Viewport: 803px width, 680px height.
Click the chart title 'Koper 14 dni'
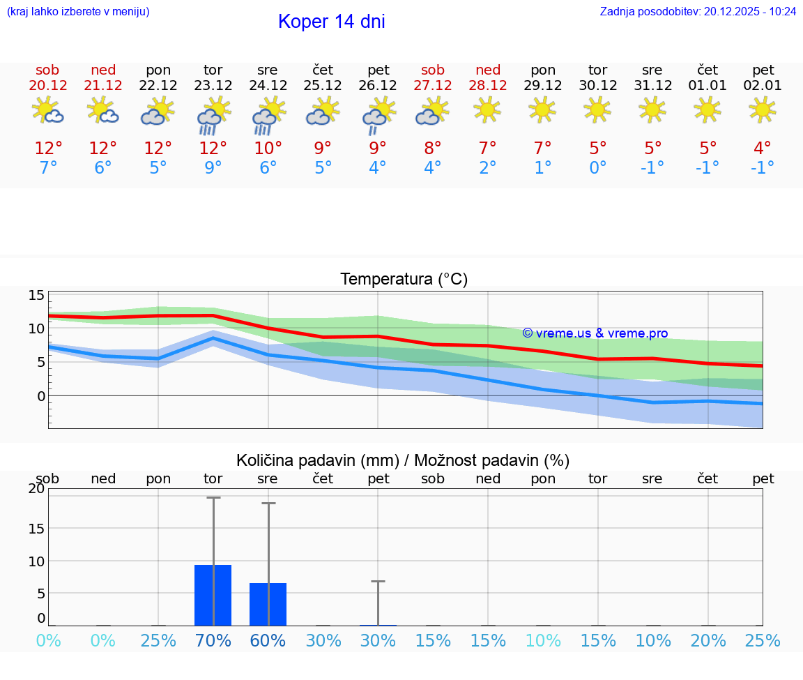click(x=331, y=22)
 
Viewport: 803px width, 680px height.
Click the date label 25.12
click(x=323, y=86)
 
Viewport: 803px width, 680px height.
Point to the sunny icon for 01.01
click(x=708, y=109)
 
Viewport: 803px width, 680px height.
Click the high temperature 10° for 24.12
click(x=268, y=148)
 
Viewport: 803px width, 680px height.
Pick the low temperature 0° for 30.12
click(x=597, y=167)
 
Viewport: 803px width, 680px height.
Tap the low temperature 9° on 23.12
click(x=213, y=167)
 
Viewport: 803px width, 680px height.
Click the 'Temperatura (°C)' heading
click(x=404, y=279)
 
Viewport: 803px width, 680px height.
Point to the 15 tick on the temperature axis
click(x=36, y=295)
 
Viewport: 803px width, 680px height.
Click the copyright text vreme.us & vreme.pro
click(x=595, y=333)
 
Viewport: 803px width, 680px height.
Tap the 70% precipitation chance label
click(x=213, y=640)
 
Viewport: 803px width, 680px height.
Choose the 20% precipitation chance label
click(x=708, y=640)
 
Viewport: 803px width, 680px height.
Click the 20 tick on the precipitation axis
click(x=36, y=489)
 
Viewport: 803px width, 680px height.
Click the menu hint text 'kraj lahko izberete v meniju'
click(x=77, y=11)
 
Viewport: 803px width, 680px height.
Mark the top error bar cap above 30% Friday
click(x=378, y=581)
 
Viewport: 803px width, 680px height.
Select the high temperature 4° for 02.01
click(x=762, y=148)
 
